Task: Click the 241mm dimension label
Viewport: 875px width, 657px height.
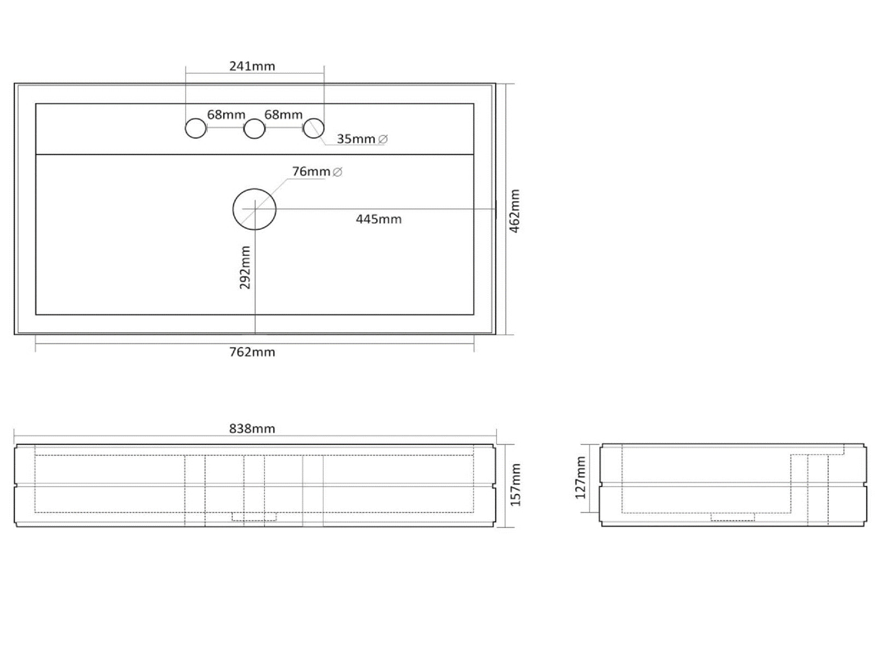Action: [252, 66]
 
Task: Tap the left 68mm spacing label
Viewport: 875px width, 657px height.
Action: [226, 114]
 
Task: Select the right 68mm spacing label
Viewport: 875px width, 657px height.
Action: [283, 114]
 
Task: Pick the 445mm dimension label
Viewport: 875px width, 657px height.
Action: [378, 219]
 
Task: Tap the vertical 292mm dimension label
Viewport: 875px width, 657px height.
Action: [245, 267]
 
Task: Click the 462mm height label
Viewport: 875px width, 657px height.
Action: [515, 211]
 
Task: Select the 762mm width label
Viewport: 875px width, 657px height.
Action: [252, 352]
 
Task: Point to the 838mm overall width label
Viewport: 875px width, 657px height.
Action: [252, 429]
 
